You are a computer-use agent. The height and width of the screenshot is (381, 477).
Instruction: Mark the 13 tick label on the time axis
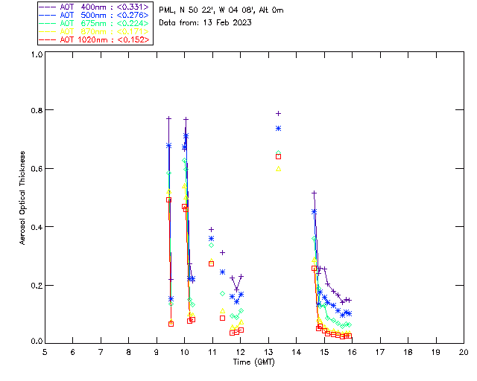(268, 351)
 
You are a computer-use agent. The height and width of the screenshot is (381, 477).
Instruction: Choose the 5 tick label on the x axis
(45, 351)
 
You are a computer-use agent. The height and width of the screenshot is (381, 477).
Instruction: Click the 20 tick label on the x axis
(464, 351)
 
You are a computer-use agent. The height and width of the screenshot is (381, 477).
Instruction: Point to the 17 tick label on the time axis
(380, 351)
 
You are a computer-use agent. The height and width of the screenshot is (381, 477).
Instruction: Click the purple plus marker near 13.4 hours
(279, 113)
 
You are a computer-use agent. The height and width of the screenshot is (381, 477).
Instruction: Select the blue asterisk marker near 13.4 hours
(279, 128)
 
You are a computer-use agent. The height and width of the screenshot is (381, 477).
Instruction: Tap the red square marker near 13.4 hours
(279, 156)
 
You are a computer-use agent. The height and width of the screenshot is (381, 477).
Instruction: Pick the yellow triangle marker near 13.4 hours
(279, 169)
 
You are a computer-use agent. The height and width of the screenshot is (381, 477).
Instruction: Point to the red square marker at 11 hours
(212, 263)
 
